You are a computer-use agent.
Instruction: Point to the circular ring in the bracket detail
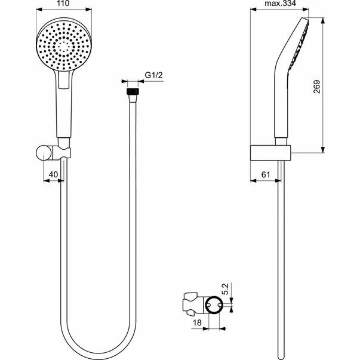click(x=211, y=306)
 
